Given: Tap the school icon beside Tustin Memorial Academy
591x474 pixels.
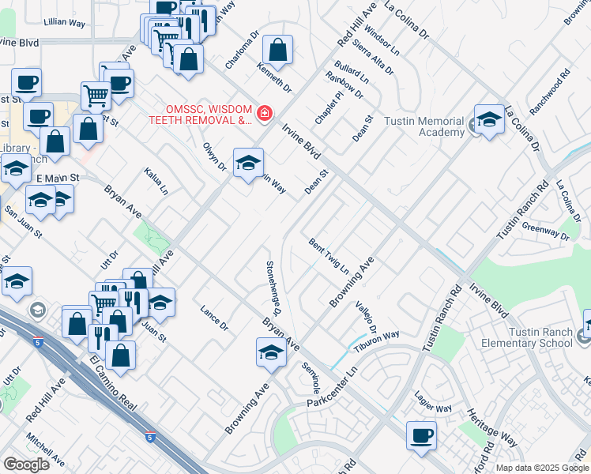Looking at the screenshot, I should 489,119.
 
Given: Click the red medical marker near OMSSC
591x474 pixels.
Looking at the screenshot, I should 263,115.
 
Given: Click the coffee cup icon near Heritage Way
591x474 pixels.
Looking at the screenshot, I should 421,435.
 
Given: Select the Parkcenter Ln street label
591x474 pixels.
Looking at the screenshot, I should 332,389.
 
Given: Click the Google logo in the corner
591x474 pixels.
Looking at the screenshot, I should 26,465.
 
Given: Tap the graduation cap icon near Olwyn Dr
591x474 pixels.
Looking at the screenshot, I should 248,162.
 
